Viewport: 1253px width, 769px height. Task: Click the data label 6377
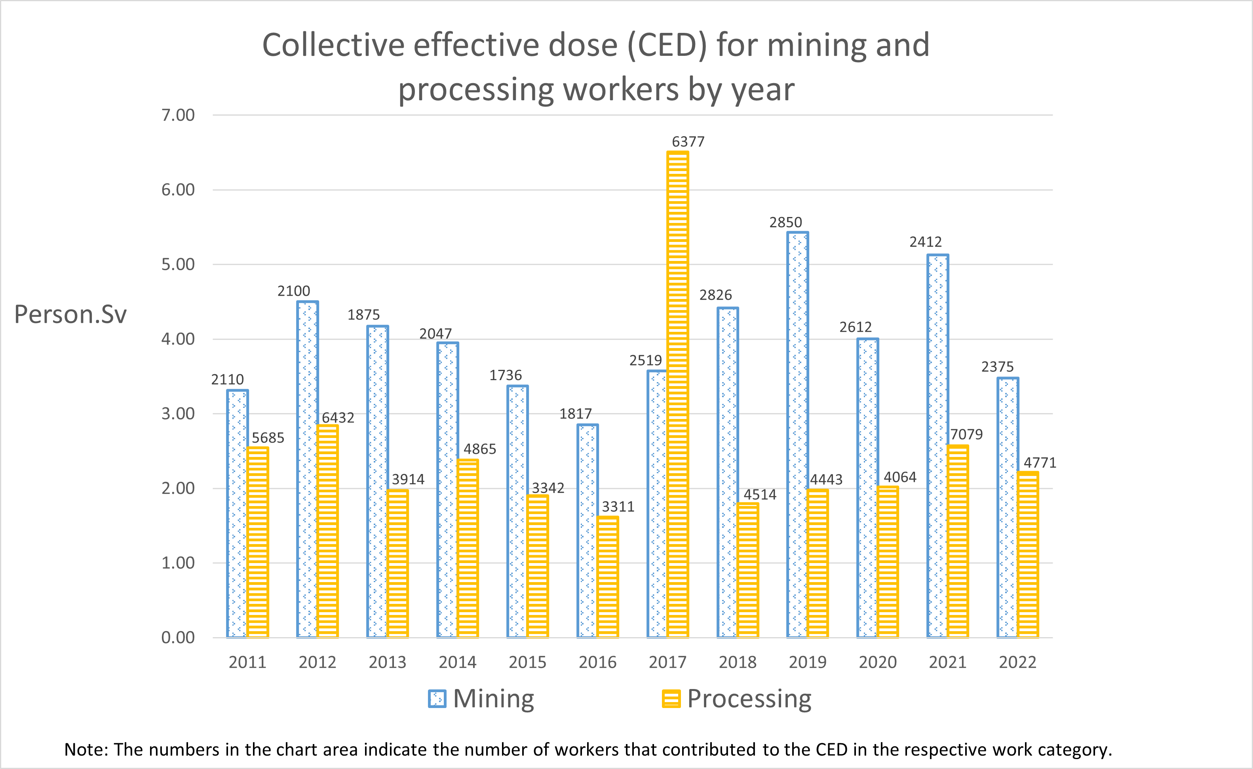coord(688,141)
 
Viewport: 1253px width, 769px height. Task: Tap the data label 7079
coord(966,434)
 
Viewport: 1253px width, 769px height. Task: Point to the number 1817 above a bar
coord(575,414)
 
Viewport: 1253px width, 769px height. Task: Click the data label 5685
coord(268,438)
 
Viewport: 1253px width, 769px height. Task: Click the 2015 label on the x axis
coord(527,662)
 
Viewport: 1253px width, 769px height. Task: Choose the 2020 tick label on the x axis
coord(878,662)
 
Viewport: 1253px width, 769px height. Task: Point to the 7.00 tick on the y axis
coord(178,116)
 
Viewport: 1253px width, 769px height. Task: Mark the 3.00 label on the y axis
coord(178,414)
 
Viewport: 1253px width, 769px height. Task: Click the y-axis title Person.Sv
coord(70,314)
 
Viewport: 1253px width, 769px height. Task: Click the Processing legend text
coord(749,699)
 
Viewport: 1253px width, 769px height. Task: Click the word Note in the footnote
coord(84,750)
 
